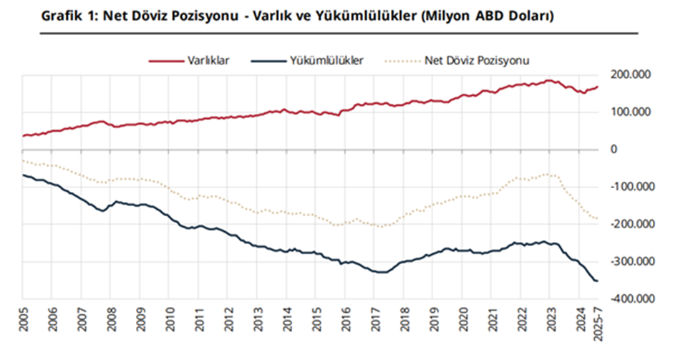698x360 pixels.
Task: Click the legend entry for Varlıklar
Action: coord(208,62)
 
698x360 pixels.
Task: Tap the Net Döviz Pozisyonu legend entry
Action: coord(477,62)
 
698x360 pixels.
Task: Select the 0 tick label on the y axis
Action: coord(614,150)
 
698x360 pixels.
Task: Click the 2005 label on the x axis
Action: coord(23,318)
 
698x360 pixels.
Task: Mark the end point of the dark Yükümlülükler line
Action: coord(597,281)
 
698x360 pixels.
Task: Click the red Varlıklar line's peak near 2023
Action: coord(550,80)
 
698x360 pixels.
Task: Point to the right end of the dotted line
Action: coord(597,219)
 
